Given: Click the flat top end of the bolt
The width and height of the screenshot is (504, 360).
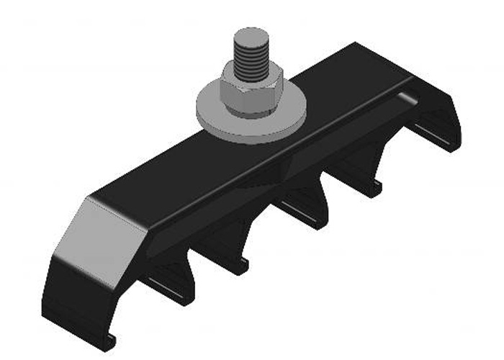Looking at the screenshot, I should click(251, 36).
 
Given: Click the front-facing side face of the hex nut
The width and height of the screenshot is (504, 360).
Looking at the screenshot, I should click(248, 101).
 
